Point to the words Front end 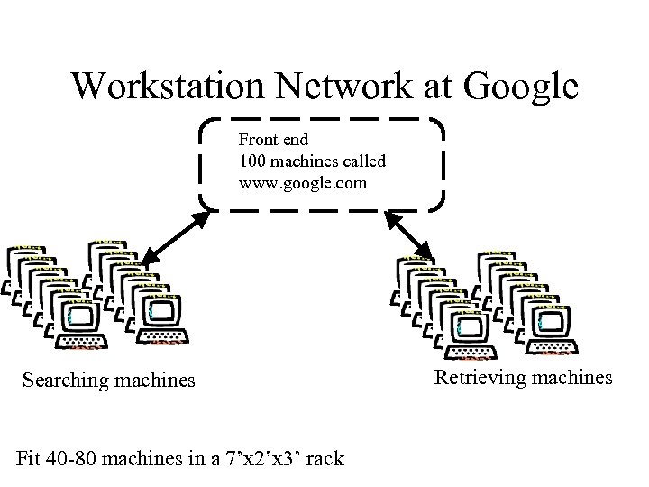point(273,140)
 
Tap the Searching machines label point(108,380)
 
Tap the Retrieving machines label point(524,377)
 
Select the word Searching point(66,380)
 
